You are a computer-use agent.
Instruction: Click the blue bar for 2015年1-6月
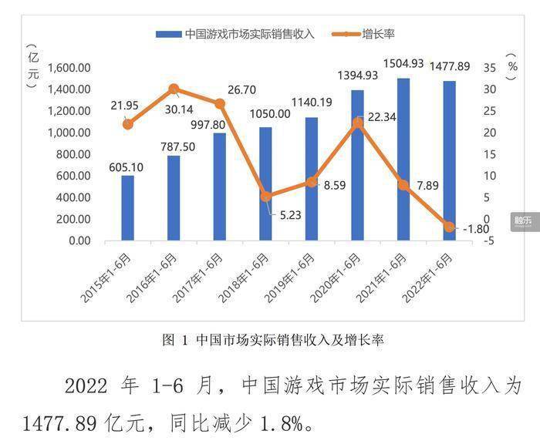[127, 208]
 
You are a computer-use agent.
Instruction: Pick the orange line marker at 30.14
[174, 89]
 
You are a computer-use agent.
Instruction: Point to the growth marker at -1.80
[450, 227]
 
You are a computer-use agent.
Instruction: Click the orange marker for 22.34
[357, 123]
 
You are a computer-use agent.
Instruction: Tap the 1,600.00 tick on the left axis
[69, 68]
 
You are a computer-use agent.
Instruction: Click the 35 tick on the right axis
[491, 68]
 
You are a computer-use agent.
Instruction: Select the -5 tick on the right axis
[491, 240]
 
